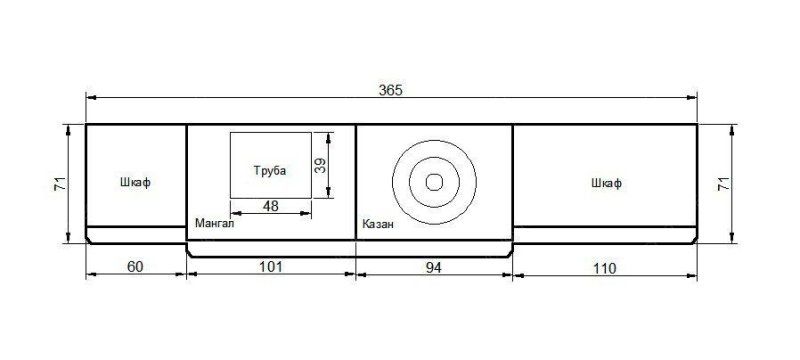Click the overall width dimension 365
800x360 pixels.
click(390, 90)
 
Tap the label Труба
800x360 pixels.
click(270, 171)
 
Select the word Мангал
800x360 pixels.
click(214, 223)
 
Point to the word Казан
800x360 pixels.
click(378, 223)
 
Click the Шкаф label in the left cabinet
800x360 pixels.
click(135, 182)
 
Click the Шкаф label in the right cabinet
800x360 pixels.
click(607, 183)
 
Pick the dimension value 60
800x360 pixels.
click(135, 267)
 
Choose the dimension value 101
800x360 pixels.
click(270, 267)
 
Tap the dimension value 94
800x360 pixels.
click(433, 267)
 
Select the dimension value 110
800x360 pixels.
click(605, 268)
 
